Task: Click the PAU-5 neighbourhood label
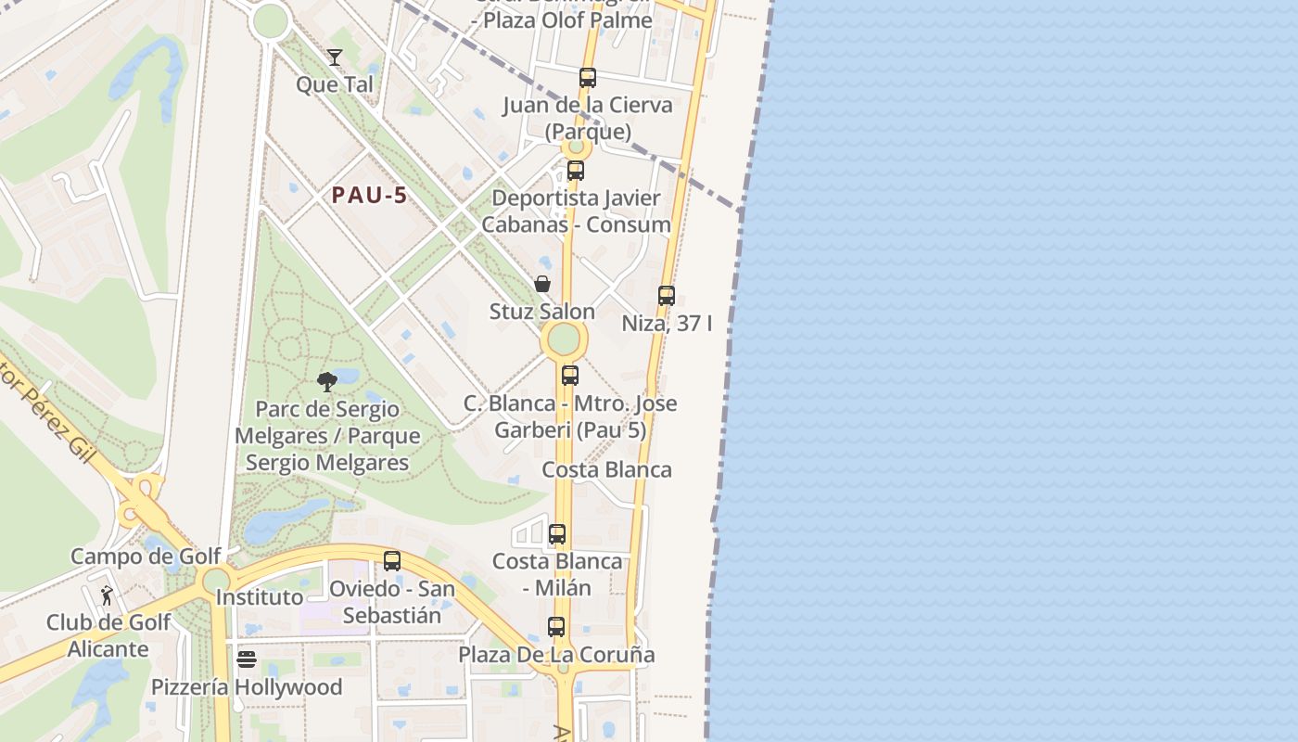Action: [x=370, y=196]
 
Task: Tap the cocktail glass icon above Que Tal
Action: [x=335, y=58]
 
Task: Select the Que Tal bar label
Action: [x=335, y=84]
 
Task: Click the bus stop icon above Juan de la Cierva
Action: [x=587, y=78]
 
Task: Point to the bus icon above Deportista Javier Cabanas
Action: [x=576, y=171]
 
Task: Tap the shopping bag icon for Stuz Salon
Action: [x=542, y=284]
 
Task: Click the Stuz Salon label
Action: [x=542, y=312]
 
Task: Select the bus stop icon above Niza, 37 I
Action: [x=667, y=296]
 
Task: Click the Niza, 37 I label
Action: [x=668, y=324]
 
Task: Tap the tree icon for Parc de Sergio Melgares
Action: [x=326, y=381]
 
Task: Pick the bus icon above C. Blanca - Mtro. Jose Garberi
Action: [x=570, y=376]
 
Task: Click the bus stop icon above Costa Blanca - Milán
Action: [x=557, y=534]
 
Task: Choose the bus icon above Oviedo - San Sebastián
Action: [x=392, y=561]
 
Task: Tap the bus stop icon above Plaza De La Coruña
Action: [x=556, y=627]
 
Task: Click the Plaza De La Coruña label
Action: [x=556, y=655]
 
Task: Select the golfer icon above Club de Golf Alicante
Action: [x=107, y=595]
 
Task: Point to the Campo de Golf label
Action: [x=146, y=556]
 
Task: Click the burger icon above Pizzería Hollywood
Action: [x=247, y=659]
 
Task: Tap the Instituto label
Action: [x=260, y=597]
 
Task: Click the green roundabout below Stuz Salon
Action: [x=564, y=339]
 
